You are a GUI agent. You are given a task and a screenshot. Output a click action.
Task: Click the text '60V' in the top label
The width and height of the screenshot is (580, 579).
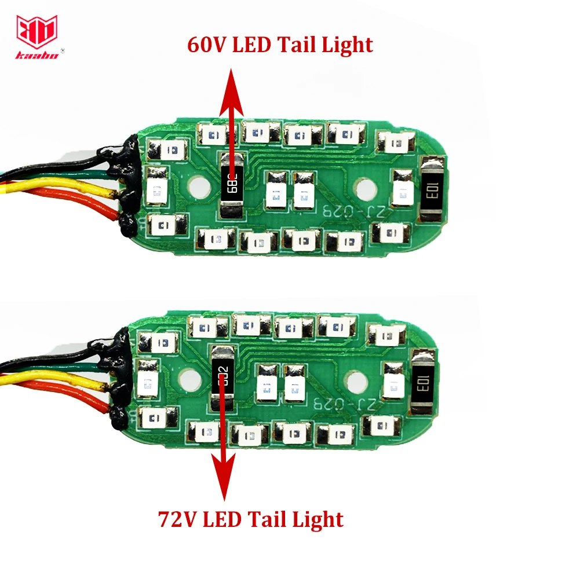pos(207,45)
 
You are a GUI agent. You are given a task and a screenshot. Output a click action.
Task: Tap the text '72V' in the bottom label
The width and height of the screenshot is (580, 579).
pos(176,518)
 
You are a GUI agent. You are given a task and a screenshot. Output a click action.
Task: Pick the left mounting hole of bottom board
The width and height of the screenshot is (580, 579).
pos(188,380)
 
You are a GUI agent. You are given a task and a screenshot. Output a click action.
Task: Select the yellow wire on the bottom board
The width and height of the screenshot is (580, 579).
pos(58,379)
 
